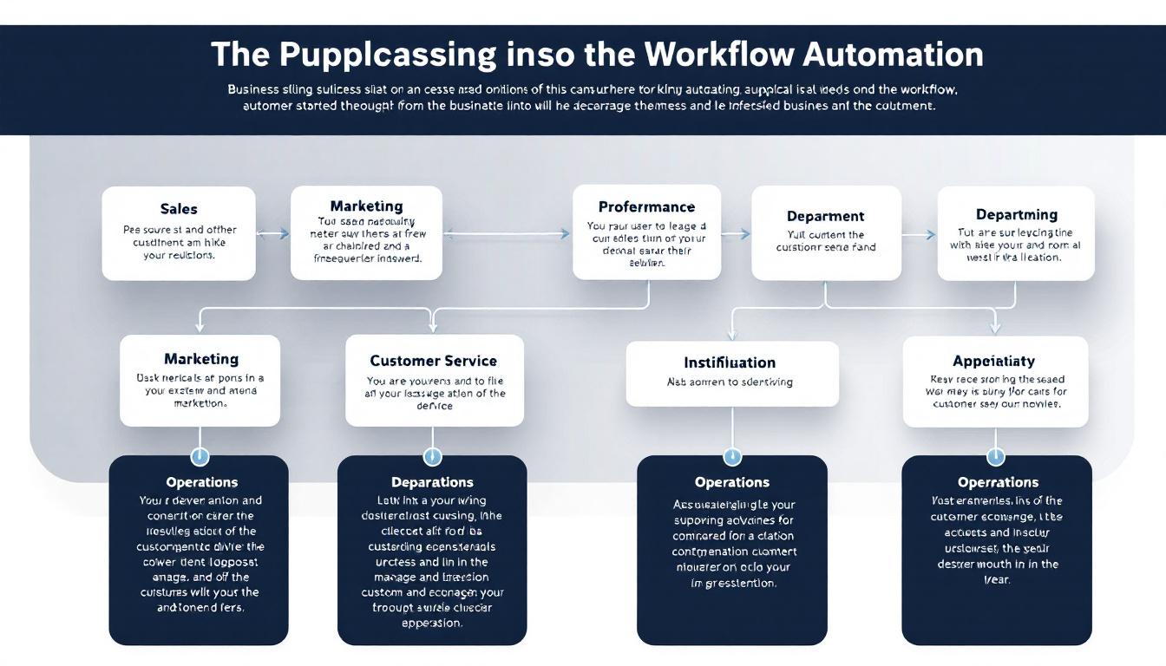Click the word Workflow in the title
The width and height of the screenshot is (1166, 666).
[x=718, y=54]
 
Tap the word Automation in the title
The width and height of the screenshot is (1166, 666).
[x=893, y=54]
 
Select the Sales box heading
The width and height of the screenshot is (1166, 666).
[x=179, y=208]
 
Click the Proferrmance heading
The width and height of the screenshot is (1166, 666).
[x=646, y=206]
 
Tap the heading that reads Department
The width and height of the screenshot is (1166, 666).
[x=825, y=216]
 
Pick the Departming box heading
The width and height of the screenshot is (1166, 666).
[x=1016, y=214]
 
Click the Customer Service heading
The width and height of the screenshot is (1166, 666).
[x=433, y=360]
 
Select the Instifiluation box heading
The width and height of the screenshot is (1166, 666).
[x=730, y=362]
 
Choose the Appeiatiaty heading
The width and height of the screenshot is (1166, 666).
[x=993, y=361]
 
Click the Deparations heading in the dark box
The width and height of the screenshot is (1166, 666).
[x=432, y=481]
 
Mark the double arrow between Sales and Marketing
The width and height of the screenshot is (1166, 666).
[x=272, y=233]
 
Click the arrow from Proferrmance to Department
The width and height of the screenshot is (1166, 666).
[x=736, y=233]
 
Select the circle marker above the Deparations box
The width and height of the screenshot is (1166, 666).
[x=432, y=456]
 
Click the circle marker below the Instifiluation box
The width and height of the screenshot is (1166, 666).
[x=732, y=456]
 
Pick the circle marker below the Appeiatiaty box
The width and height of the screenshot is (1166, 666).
[x=996, y=456]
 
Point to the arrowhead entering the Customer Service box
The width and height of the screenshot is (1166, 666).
[x=433, y=327]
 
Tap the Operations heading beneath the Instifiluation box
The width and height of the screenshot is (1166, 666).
[x=731, y=481]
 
